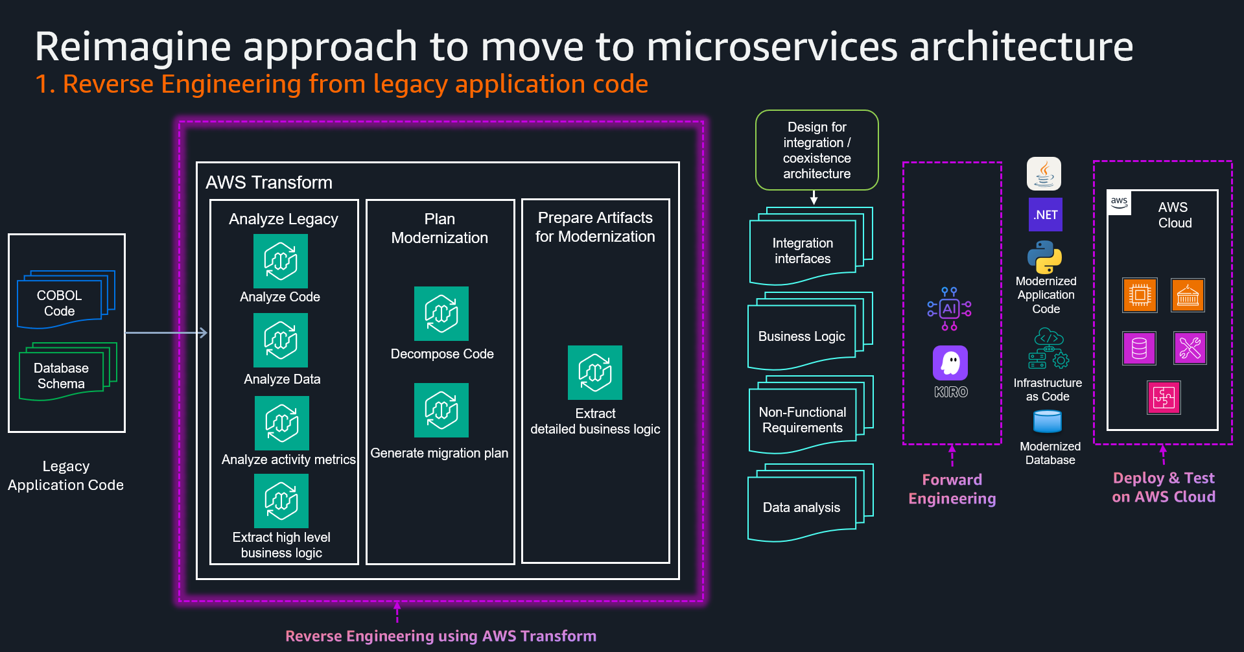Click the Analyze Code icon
[280, 261]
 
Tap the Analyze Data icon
[280, 340]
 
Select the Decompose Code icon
[441, 314]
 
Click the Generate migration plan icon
[441, 410]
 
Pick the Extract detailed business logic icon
[594, 373]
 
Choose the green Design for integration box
[817, 150]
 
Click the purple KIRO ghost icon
[950, 363]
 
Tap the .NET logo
[1045, 215]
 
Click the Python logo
[1044, 257]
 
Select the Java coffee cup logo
[1044, 174]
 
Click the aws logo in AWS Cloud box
[1119, 202]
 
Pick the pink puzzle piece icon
[1164, 397]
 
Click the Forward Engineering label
[952, 489]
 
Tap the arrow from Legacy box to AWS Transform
[166, 333]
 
